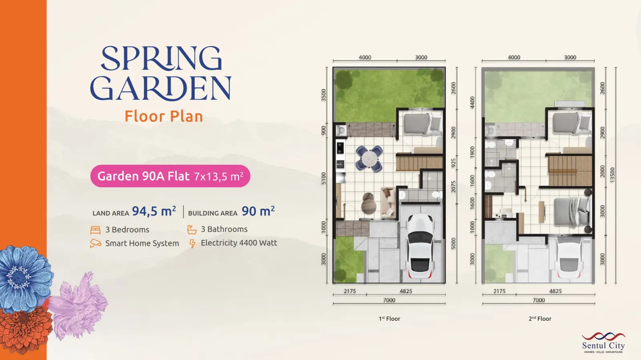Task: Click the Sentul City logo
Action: (x=603, y=343)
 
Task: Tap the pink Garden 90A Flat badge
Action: (x=170, y=176)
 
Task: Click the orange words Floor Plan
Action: (x=164, y=117)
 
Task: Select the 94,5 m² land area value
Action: (x=154, y=211)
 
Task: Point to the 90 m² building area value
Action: (x=258, y=211)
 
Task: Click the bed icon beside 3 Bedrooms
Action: (x=95, y=230)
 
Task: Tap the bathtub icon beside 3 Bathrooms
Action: (x=192, y=229)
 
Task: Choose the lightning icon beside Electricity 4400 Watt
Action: (x=192, y=243)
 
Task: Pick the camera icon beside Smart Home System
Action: (x=95, y=243)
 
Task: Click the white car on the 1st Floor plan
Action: (x=420, y=246)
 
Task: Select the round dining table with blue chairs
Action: (x=369, y=159)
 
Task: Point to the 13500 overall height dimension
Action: (x=612, y=175)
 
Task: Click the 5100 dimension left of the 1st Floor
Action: (x=323, y=179)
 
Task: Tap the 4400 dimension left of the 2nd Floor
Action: (x=472, y=103)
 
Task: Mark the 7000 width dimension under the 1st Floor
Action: (x=389, y=300)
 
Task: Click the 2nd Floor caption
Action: (x=540, y=318)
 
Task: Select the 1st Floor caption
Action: (x=389, y=318)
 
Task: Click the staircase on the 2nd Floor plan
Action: (x=570, y=171)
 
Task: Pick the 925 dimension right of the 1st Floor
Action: (x=453, y=163)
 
